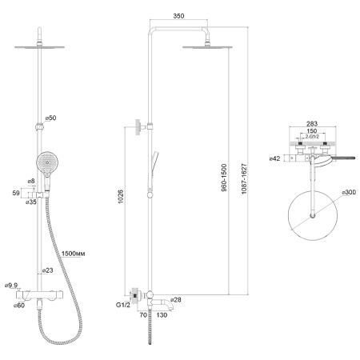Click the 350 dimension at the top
click(178, 16)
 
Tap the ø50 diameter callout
click(50, 118)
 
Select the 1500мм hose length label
click(73, 254)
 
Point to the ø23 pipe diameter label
click(48, 270)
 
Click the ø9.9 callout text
click(11, 286)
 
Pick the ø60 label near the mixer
click(19, 306)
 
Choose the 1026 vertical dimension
click(121, 197)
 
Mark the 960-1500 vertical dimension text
click(224, 178)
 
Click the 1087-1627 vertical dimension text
click(244, 178)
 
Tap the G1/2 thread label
click(123, 305)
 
